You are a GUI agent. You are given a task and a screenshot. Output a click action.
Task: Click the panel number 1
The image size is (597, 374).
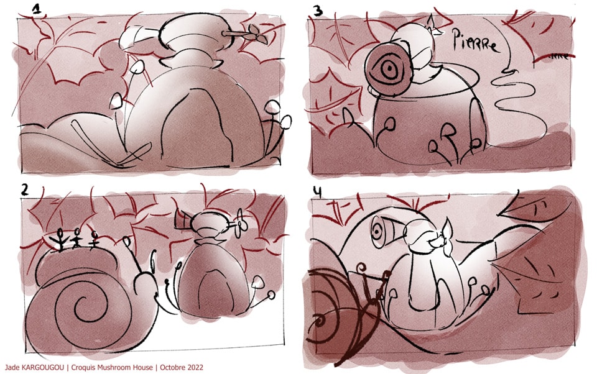[x=37, y=9]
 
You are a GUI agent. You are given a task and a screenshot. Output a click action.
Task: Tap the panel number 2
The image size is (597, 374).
[x=24, y=190]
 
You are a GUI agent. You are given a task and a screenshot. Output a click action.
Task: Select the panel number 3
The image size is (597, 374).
[x=318, y=11]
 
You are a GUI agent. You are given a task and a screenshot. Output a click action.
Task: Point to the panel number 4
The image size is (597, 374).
[x=317, y=192]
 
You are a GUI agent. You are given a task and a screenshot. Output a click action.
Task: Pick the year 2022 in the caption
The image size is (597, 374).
[x=195, y=367]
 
